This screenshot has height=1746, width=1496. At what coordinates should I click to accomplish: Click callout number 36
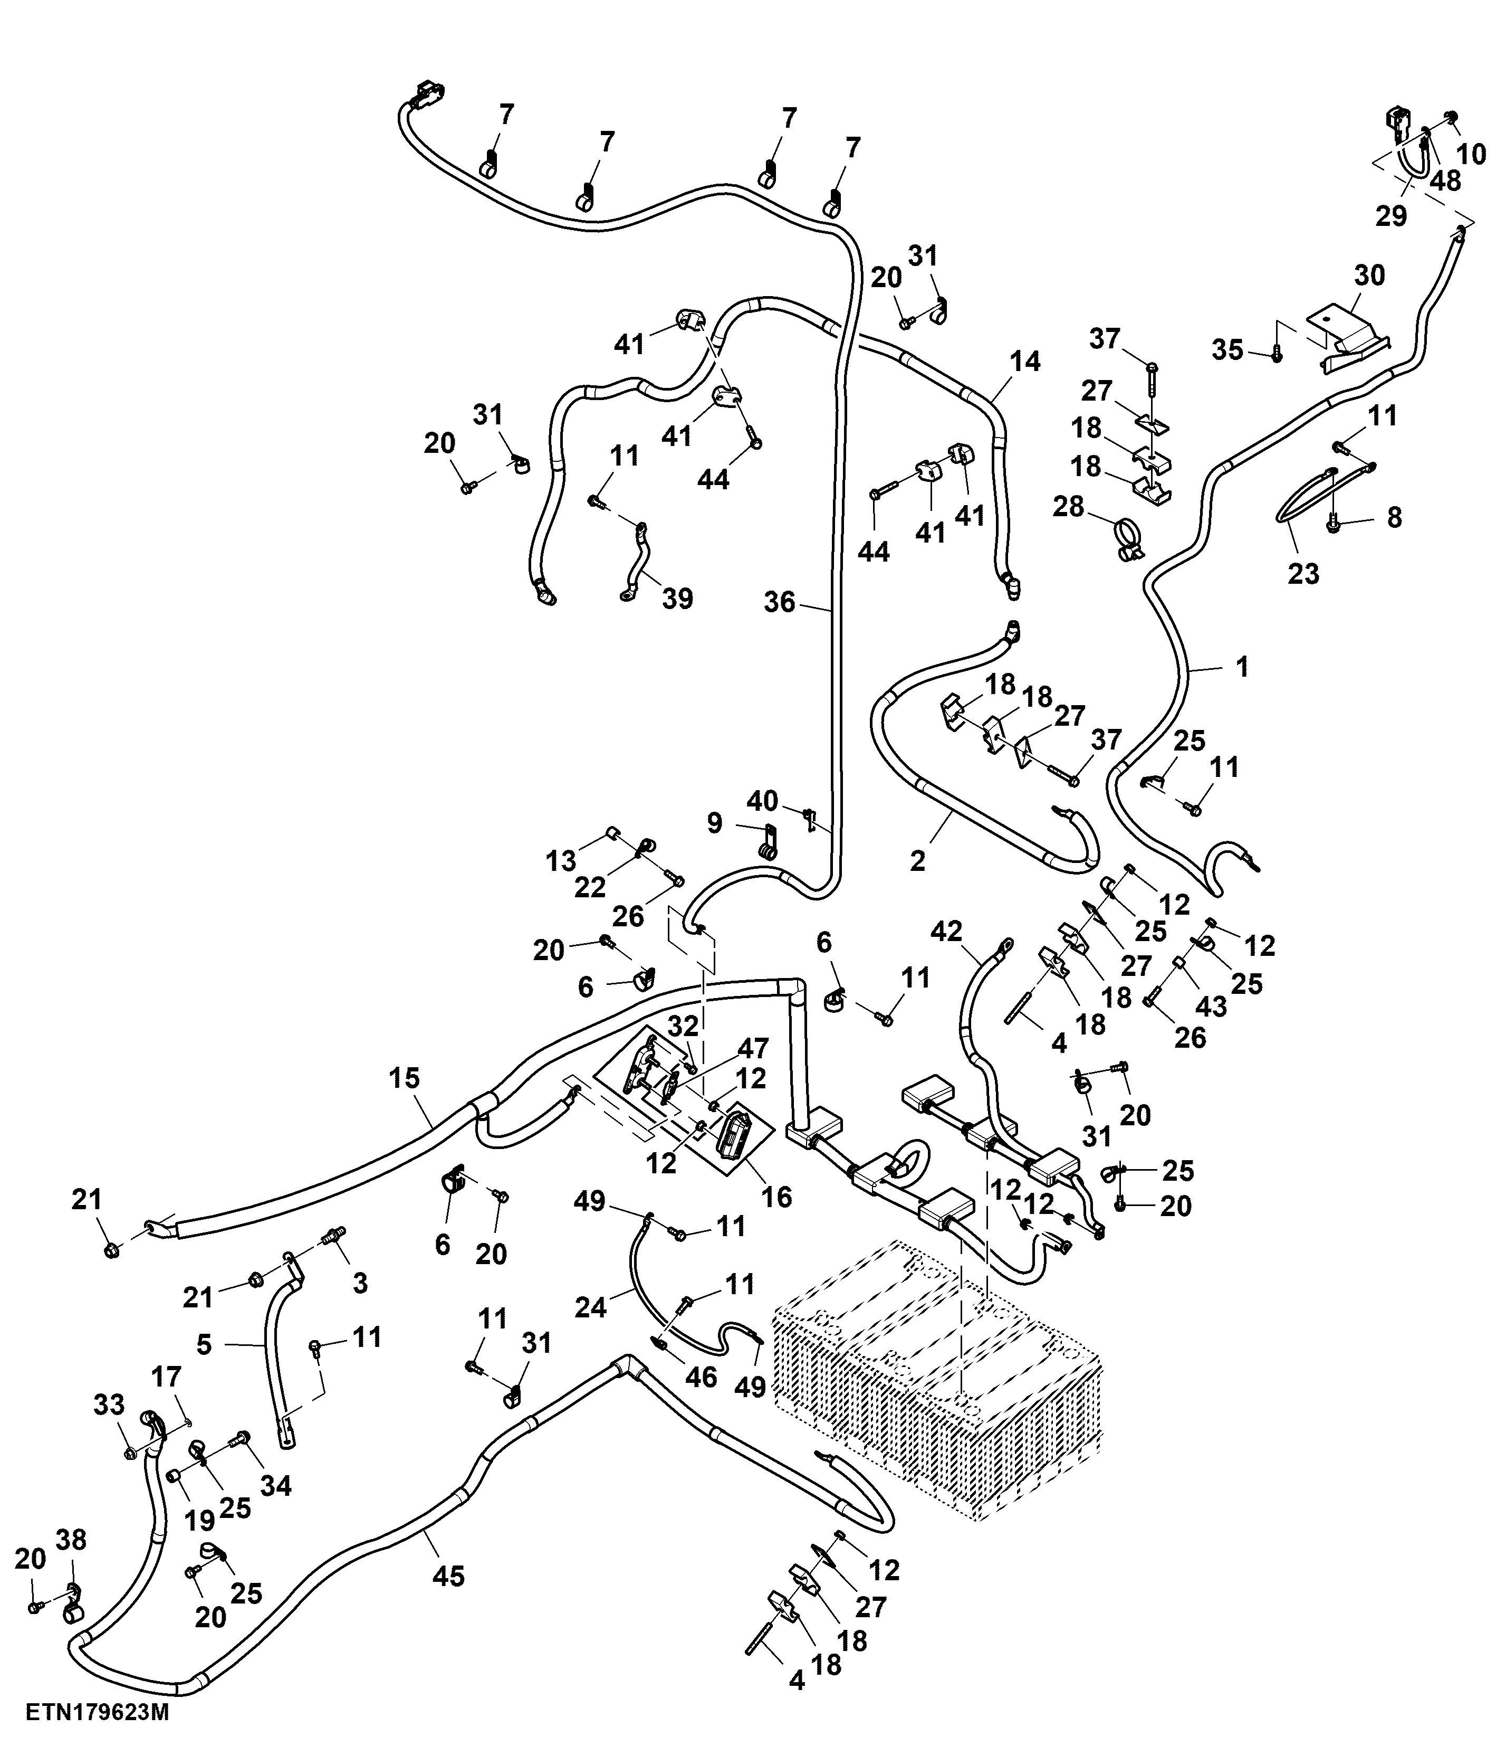pyautogui.click(x=780, y=603)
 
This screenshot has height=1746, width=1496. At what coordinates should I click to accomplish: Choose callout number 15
pyautogui.click(x=404, y=1078)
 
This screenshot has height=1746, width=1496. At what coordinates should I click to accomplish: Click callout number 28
pyautogui.click(x=1069, y=507)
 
